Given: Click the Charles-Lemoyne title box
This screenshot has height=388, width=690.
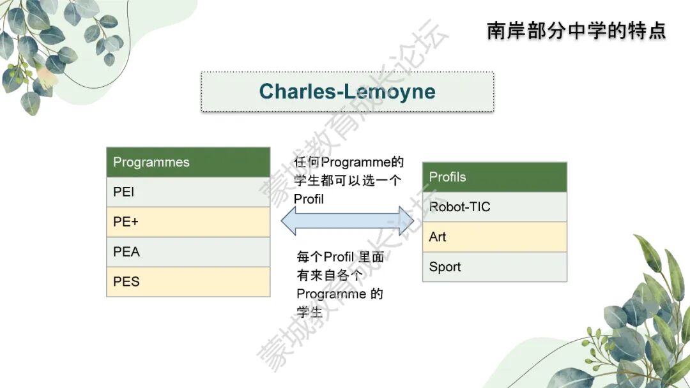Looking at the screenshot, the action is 347,91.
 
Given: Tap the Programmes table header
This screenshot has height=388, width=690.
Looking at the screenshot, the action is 188,162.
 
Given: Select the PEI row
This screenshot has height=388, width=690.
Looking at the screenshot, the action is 188,192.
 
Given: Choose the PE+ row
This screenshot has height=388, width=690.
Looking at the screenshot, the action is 188,222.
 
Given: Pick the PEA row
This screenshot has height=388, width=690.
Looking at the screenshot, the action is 188,252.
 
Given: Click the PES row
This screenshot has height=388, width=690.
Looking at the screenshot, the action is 188,281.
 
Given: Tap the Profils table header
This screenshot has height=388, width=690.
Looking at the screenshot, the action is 494,177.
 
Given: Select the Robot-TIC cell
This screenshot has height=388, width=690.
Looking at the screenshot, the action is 494,207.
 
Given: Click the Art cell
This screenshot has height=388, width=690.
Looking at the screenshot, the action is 494,237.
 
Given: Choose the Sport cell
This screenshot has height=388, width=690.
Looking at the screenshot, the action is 494,267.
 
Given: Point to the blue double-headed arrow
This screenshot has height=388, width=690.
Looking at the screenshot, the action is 348,221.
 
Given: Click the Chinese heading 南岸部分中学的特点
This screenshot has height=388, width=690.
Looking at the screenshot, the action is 576,31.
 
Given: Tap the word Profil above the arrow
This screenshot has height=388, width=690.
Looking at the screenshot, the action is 309,199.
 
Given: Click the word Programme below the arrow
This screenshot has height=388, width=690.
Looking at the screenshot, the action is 332,294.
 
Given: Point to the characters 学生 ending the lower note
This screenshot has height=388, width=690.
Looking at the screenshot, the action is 309,312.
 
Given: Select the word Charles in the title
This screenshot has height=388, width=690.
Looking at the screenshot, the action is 298,91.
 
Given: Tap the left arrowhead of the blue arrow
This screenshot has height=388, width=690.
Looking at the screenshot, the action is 289,221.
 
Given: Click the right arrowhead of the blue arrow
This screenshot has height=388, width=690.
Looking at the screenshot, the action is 406,221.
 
